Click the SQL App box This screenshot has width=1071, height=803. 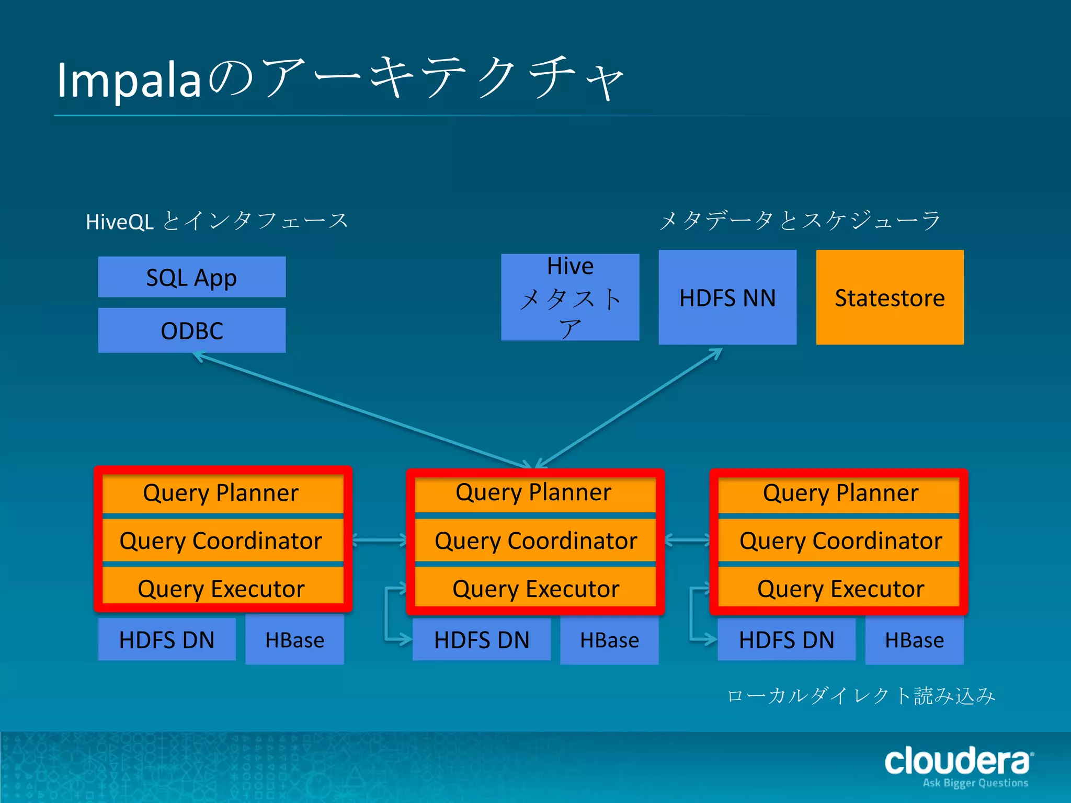click(191, 277)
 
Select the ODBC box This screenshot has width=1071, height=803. click(191, 330)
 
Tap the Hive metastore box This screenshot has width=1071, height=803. click(570, 297)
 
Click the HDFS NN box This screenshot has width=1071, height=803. click(727, 297)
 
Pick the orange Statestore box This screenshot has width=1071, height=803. click(890, 297)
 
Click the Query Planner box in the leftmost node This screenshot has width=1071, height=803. click(222, 493)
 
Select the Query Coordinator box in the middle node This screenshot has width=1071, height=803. click(535, 541)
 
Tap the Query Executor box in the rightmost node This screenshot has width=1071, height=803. click(840, 589)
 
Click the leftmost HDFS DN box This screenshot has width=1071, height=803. click(166, 640)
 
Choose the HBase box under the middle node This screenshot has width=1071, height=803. click(609, 640)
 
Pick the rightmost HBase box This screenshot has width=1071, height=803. click(914, 640)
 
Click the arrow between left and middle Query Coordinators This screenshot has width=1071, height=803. click(380, 540)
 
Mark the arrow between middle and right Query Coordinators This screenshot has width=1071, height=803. click(687, 540)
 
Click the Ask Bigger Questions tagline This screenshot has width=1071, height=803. click(975, 783)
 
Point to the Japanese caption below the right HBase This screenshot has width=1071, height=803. click(861, 696)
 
